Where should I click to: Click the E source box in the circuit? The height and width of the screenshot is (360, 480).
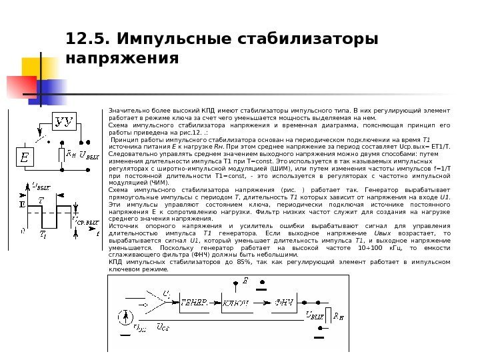pyautogui.click(x=25, y=158)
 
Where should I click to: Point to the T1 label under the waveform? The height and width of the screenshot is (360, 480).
pyautogui.click(x=43, y=234)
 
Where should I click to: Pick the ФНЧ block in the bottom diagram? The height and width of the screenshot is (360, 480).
pyautogui.click(x=285, y=302)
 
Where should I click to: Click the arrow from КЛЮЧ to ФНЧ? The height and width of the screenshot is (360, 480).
pyautogui.click(x=263, y=302)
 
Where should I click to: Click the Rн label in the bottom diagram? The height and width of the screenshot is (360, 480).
pyautogui.click(x=339, y=315)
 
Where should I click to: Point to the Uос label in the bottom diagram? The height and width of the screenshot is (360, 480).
pyautogui.click(x=162, y=327)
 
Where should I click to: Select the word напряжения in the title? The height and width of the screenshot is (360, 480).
pyautogui.click(x=123, y=58)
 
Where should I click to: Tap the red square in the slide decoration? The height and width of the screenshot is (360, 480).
pyautogui.click(x=19, y=86)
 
